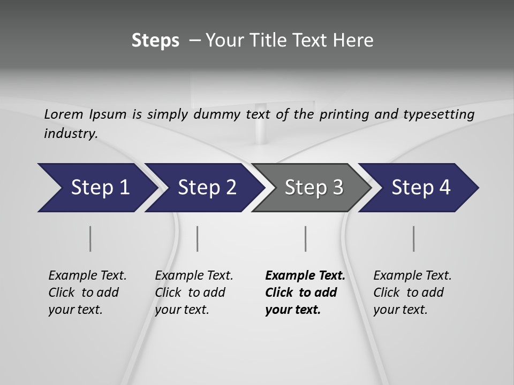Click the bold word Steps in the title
coord(155,41)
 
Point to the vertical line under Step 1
coord(90,238)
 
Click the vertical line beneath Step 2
coord(198,238)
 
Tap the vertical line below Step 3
coord(305,238)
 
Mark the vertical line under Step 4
coord(414,238)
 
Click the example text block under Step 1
coord(87,292)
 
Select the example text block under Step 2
coord(194,292)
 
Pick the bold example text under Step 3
coord(305,292)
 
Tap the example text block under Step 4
coord(412,292)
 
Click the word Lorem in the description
coord(64,114)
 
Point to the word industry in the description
coord(70,134)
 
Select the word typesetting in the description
coord(442,114)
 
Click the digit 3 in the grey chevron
coord(337,188)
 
